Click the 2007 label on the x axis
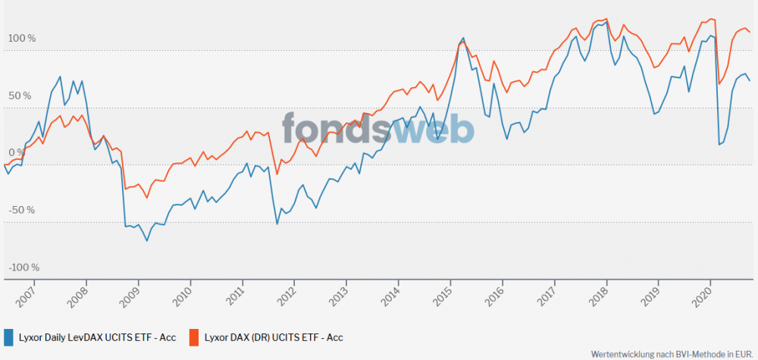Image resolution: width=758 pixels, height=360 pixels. point(25,296)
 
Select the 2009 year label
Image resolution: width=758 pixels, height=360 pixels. point(130,296)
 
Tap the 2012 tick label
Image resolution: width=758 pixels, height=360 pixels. point(286,296)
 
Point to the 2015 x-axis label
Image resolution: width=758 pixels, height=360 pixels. point(442,296)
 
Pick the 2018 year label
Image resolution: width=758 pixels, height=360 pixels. point(598,296)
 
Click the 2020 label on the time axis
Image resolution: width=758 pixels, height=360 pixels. point(702,296)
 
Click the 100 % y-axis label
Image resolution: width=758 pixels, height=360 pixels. point(22,39)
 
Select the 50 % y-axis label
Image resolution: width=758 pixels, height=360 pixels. point(20,95)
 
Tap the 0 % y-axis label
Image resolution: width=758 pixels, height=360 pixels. point(17,152)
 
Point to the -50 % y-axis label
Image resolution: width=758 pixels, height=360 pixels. point(22,210)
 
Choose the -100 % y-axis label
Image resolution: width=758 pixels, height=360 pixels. point(23,268)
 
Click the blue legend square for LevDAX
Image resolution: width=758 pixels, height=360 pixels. point(8,337)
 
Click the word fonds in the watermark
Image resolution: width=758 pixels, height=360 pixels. point(337,128)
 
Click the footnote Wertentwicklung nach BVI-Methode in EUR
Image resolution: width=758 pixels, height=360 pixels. point(672,354)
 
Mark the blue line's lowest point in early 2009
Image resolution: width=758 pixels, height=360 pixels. point(147,241)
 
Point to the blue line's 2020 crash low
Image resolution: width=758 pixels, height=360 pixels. point(719,145)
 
